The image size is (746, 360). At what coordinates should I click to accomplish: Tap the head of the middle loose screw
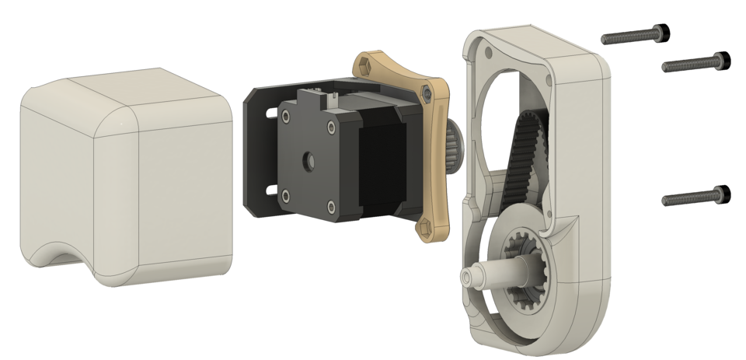721,59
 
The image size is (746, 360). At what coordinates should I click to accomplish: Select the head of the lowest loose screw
721,192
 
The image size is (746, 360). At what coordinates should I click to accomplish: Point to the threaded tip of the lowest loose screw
666,201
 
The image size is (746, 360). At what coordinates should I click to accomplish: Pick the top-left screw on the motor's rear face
287,117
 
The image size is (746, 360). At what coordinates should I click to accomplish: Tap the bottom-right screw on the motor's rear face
333,206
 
